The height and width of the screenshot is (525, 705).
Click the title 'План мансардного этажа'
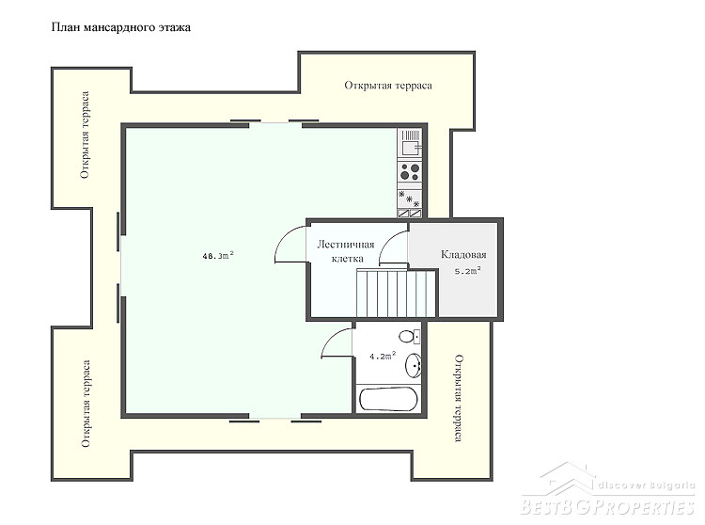click(x=121, y=27)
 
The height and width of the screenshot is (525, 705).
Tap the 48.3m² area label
click(x=218, y=256)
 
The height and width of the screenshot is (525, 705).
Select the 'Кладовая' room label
click(x=463, y=255)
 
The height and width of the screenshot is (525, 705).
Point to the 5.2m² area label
click(x=468, y=271)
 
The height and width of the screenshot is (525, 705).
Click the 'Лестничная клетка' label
click(x=346, y=251)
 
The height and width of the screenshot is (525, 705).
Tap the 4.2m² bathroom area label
click(x=383, y=356)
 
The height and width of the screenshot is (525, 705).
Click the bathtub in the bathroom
click(x=388, y=399)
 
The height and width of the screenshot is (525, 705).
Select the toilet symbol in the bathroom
click(x=410, y=337)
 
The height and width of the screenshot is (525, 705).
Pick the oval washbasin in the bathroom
click(x=414, y=365)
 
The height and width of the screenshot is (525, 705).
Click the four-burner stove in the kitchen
click(x=410, y=171)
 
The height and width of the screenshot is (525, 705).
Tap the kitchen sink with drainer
click(x=410, y=143)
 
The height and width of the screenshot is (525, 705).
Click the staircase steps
click(x=397, y=294)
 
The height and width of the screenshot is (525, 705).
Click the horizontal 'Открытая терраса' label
click(x=388, y=86)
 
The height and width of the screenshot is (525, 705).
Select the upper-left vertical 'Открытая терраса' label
click(x=85, y=135)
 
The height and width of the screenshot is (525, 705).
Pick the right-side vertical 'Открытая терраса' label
click(x=459, y=398)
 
